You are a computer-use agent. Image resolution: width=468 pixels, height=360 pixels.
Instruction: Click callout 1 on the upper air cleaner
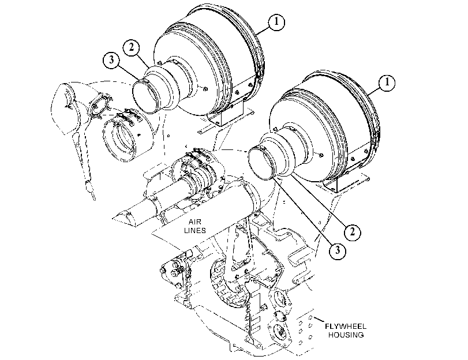point(276,22)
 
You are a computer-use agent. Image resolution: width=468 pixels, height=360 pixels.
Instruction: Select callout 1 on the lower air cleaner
point(387,82)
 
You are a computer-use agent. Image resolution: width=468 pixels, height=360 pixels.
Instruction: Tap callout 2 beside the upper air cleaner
point(132,47)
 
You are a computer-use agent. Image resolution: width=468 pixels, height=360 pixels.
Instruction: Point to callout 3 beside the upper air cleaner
point(111,60)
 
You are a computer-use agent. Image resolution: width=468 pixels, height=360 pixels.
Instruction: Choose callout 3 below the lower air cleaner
point(338,250)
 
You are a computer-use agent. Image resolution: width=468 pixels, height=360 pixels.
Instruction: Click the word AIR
point(195,222)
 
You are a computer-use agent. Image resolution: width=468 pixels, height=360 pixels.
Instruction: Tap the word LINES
point(195,230)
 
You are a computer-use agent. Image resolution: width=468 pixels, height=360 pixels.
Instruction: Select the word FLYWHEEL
point(346,327)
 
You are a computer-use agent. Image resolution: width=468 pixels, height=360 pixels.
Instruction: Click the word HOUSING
point(346,335)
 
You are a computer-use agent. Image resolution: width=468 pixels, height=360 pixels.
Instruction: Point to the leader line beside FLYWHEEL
point(319,320)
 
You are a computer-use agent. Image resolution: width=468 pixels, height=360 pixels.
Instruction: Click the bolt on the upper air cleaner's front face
point(205,89)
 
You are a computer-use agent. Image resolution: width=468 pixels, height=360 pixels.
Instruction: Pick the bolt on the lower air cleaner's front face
point(320,155)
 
